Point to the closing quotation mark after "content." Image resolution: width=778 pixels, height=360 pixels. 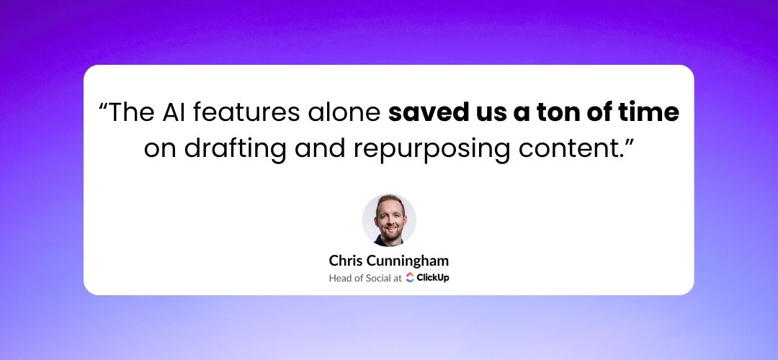coord(630,143)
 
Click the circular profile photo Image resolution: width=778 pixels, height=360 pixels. coord(389,220)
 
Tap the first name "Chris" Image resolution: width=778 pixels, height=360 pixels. coord(346,261)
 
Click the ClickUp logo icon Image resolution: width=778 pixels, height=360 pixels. coord(410,278)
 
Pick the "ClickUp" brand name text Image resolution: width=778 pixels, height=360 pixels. coord(433,278)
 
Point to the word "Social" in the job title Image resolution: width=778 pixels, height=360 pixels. coord(378,278)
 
